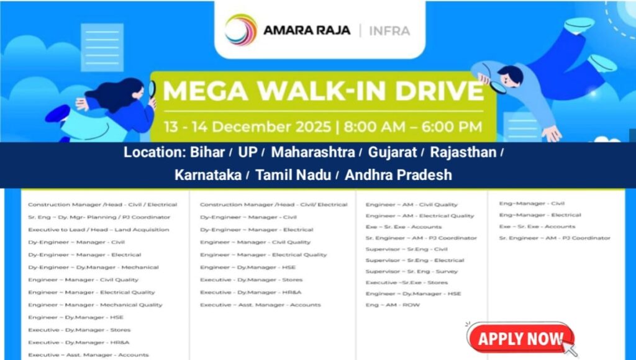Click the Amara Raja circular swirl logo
point(241,30)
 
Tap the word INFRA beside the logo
point(389,30)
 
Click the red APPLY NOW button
point(520,339)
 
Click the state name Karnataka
point(207,174)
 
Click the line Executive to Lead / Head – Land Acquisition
point(99,230)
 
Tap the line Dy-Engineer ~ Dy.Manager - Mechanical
point(93,267)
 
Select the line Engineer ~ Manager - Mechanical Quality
point(95,305)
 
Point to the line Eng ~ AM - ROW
point(393,305)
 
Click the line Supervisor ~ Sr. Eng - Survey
point(412,271)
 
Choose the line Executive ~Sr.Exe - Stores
point(407,282)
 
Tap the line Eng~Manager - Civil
point(532,204)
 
